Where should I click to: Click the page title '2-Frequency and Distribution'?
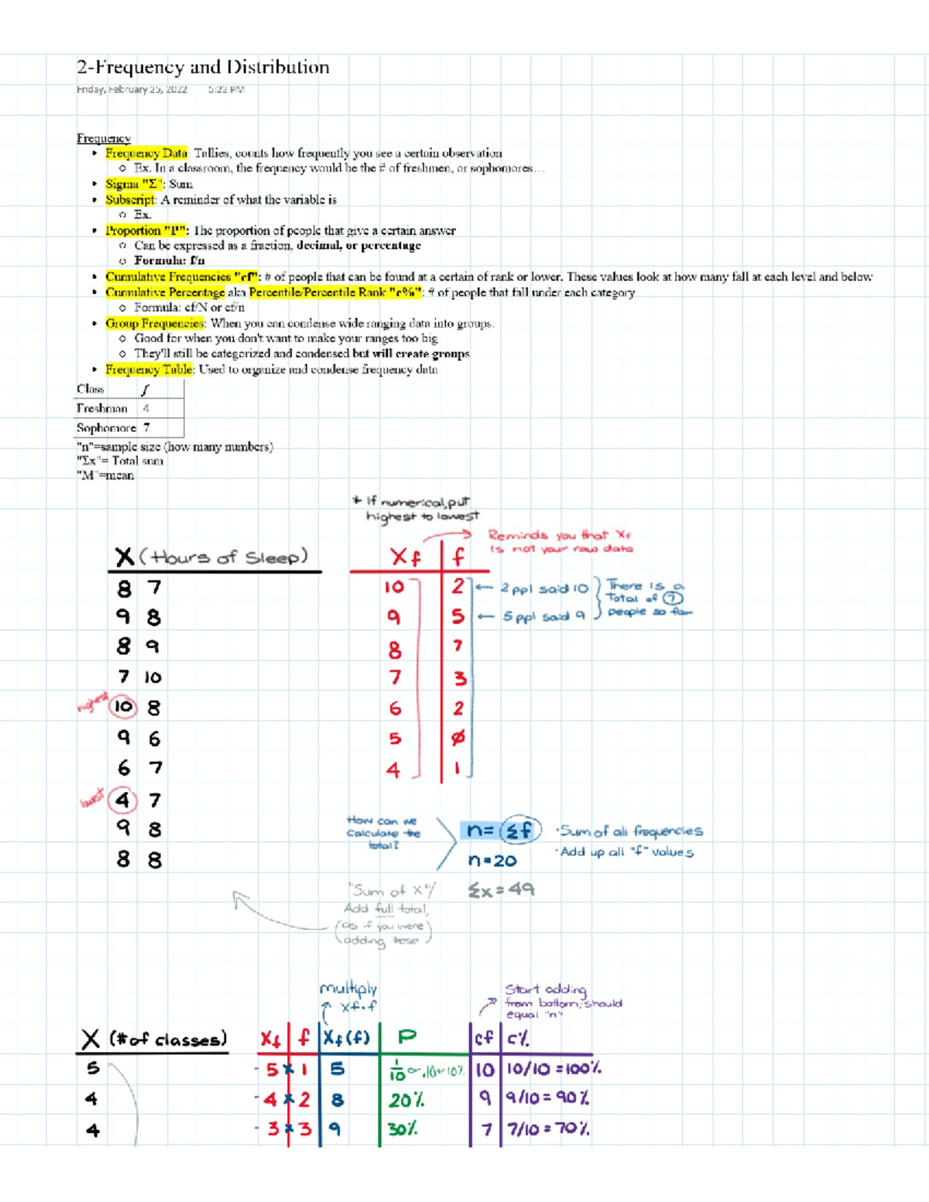203,67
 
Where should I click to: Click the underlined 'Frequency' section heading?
103,138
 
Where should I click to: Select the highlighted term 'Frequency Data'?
146,153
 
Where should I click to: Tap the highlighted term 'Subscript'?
130,200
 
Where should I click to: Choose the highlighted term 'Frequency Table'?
149,370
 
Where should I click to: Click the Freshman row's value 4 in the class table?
146,408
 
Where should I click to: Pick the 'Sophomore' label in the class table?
105,427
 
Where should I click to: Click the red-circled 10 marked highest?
123,707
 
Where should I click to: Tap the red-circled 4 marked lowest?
122,800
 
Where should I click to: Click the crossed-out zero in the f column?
458,738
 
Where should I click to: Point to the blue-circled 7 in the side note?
673,598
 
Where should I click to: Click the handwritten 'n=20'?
492,861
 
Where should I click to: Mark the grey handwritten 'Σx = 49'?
501,890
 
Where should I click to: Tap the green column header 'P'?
406,1037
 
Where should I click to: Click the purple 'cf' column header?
484,1038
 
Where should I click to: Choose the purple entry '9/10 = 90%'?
547,1098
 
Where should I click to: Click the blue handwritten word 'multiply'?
348,988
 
